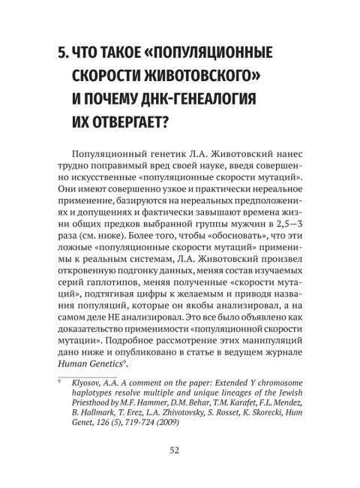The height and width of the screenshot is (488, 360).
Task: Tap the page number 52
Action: (179, 471)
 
